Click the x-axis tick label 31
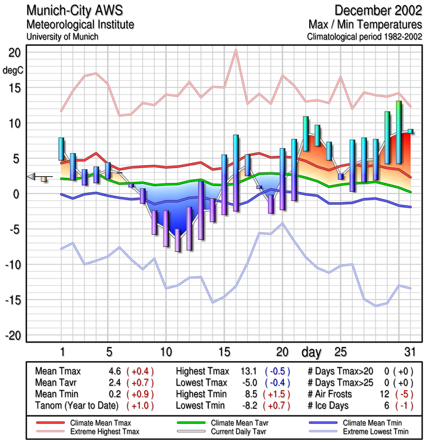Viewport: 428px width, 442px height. pos(409,351)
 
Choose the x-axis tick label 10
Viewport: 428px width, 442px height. pos(165,351)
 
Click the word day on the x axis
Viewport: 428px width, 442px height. pos(312,351)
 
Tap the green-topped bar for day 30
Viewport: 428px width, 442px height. pos(399,133)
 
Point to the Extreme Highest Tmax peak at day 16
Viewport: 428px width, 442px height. pos(236,51)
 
